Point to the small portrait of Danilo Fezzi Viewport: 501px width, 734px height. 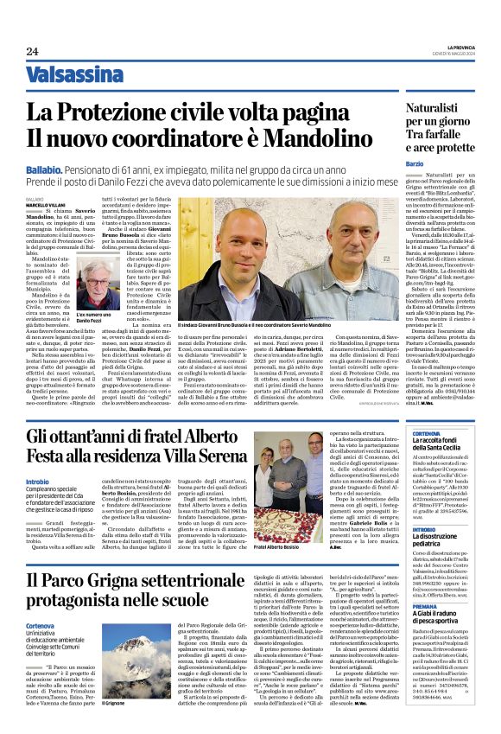click(x=102, y=284)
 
